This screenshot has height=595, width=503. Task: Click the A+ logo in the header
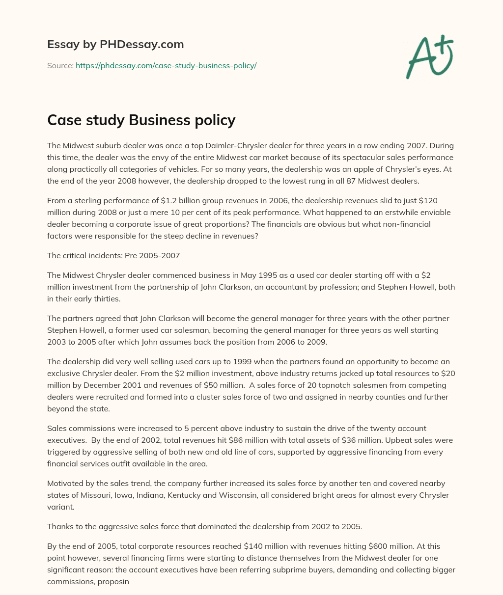pos(429,57)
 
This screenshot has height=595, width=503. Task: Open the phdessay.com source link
pos(166,65)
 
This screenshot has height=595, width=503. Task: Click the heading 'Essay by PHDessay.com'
pos(115,44)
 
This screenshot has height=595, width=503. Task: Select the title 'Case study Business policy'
pos(141,120)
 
